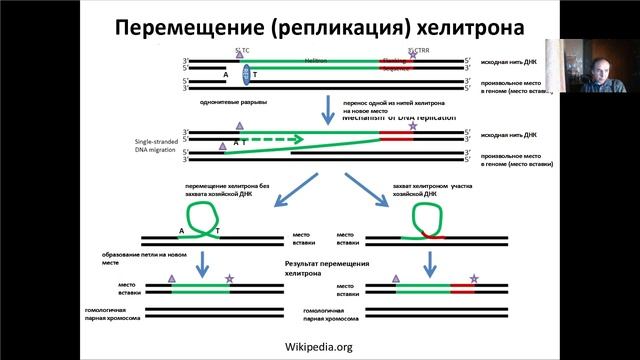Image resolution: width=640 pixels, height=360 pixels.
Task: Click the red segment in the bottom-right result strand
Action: pyautogui.click(x=463, y=289)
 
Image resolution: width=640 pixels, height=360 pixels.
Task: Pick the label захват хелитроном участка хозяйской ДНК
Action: pyautogui.click(x=436, y=190)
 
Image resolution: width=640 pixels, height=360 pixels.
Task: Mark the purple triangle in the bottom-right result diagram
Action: pyautogui.click(x=396, y=278)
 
